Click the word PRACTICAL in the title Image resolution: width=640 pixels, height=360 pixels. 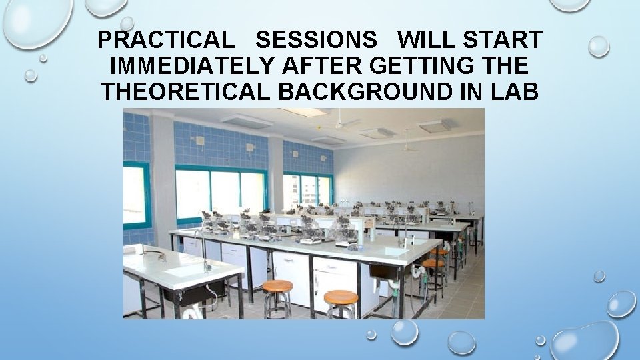pos(165,41)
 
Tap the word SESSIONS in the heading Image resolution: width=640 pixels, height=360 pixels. pos(315,41)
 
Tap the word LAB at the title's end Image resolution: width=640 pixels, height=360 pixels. pos(513,91)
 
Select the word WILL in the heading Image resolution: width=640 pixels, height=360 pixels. pos(424,41)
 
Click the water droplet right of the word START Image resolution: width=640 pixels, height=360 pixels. pos(598,46)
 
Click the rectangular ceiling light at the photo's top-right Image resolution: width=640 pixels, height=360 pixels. pos(435,125)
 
